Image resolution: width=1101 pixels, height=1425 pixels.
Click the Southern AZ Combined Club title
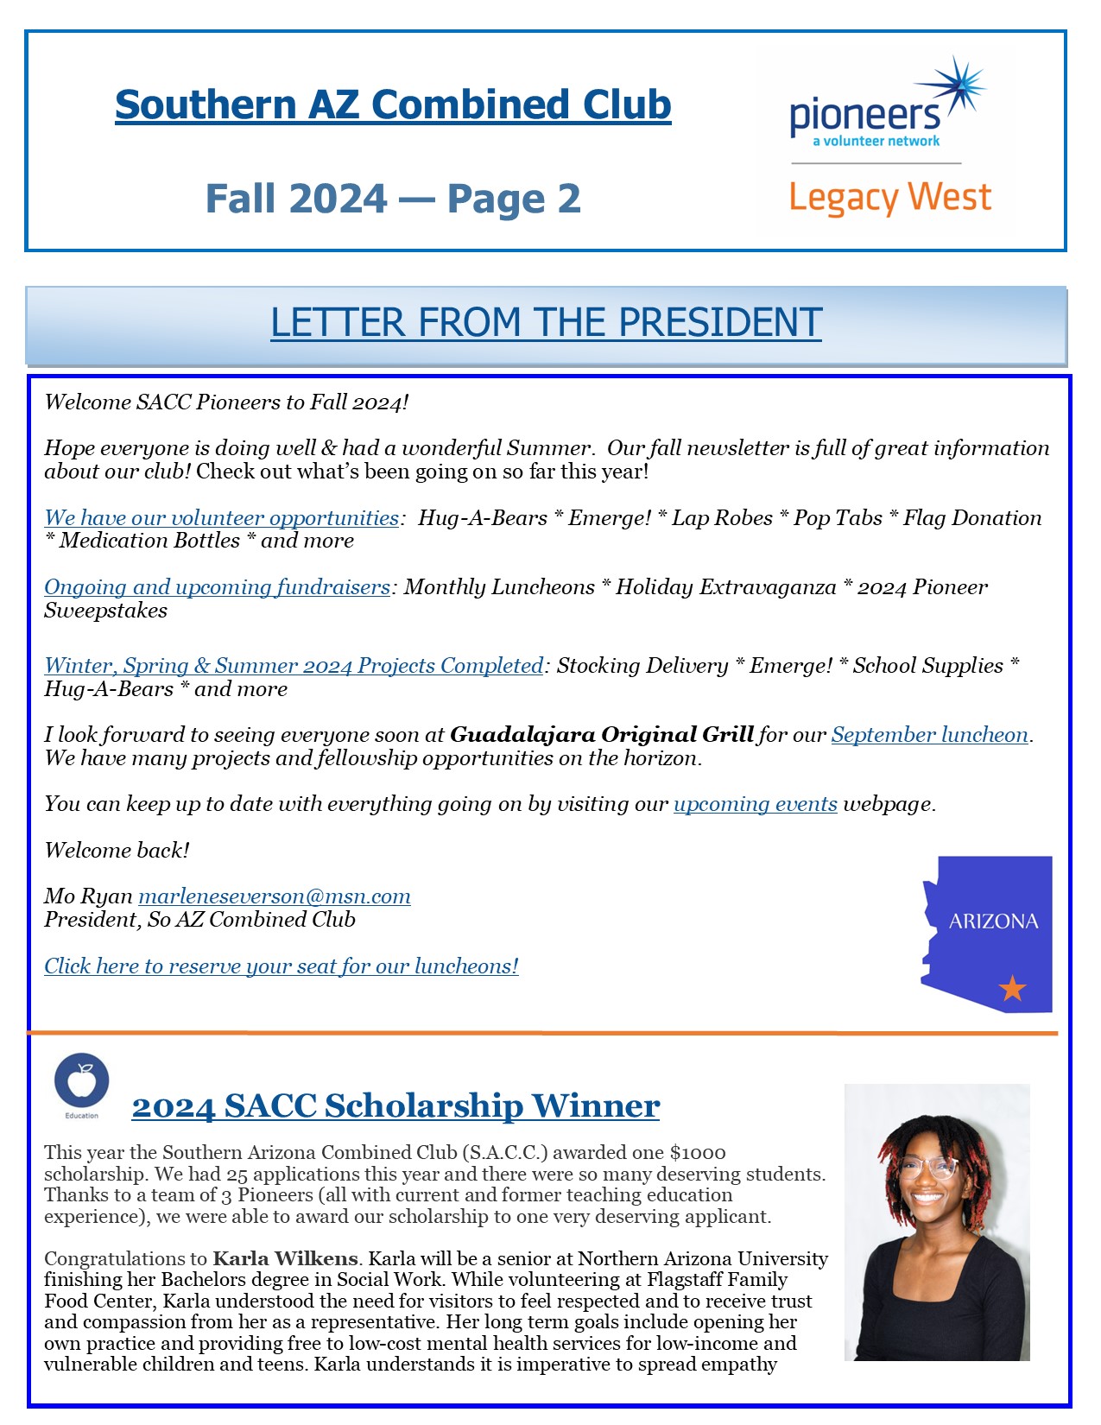pos(393,105)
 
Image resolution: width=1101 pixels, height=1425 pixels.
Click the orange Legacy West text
pos(889,198)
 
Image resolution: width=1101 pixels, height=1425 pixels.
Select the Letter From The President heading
pos(546,322)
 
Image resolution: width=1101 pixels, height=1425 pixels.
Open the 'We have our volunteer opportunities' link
pos(221,518)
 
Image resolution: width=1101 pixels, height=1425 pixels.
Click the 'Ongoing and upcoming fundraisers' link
pos(217,587)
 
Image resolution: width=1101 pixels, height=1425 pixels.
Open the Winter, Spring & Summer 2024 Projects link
pos(294,666)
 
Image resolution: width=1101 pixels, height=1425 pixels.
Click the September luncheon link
pos(929,735)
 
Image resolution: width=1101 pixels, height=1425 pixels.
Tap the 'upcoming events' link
pos(755,804)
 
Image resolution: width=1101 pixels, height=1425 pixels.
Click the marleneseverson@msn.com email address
pos(274,896)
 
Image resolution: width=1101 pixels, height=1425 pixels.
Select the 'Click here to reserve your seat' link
pos(281,966)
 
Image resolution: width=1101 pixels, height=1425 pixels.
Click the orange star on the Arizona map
pos(1012,987)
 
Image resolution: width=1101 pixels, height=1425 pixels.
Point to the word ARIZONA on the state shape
pos(993,921)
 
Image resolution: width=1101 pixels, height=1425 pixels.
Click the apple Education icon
pos(82,1081)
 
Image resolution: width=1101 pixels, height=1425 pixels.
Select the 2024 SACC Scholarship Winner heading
pos(395,1106)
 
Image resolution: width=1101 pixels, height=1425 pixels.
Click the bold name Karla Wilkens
pos(285,1259)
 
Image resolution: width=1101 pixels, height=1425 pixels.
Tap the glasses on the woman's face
pos(927,1168)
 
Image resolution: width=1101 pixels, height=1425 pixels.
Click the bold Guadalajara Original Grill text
pos(602,735)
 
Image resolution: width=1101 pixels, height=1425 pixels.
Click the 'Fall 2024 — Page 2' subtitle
pos(393,199)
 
